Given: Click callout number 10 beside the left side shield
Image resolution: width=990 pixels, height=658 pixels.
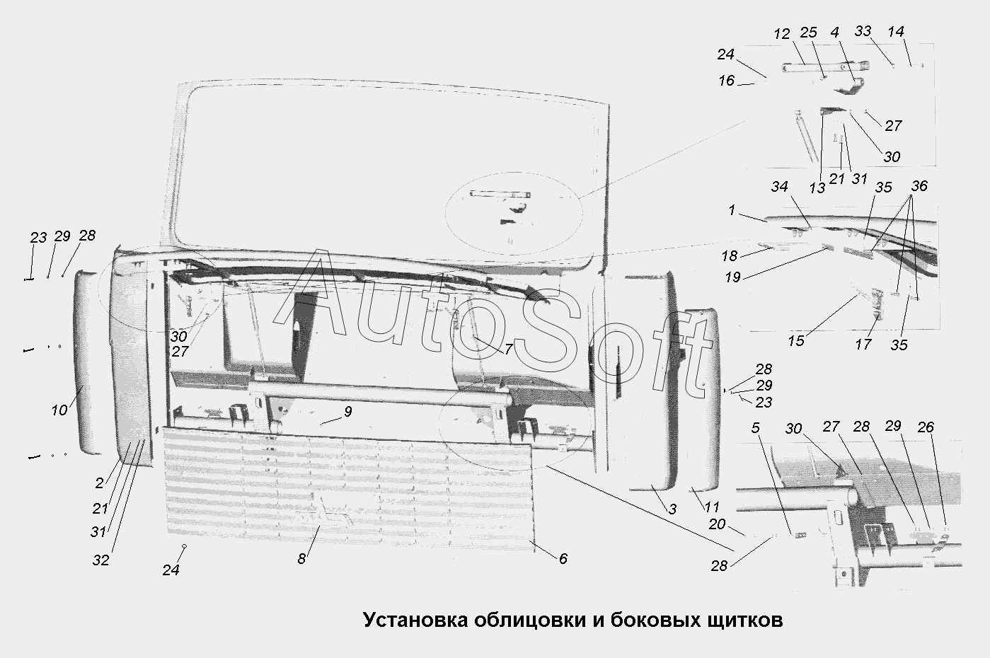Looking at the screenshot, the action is point(59,410).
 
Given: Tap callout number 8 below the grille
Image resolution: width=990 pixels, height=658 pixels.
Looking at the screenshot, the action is point(301,558).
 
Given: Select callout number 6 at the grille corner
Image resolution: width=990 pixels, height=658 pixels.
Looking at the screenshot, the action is point(563,558).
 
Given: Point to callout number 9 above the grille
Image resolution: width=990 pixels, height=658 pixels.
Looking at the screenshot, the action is point(347,411).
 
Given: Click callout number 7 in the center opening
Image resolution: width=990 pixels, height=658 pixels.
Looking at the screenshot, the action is point(507,349).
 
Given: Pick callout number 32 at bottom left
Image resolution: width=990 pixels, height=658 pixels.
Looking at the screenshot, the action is point(100,560).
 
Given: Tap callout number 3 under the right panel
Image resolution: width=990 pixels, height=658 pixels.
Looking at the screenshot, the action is point(672,509).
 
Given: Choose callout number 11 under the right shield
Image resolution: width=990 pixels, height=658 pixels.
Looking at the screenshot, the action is point(713,507).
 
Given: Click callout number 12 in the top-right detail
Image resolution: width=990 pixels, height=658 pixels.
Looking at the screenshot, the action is point(781,34).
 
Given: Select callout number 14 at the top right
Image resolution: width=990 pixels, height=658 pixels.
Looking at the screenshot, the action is point(895,32).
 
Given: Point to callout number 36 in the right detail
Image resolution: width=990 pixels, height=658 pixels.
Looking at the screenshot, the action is point(919,186).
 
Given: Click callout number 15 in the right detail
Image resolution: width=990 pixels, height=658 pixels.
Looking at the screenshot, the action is point(796,340).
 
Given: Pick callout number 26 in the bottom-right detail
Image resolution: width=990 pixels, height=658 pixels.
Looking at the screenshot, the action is point(926,427).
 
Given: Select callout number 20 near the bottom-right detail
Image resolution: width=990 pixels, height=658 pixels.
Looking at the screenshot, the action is point(717,524).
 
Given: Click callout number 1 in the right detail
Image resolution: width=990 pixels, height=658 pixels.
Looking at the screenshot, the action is point(732,210).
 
